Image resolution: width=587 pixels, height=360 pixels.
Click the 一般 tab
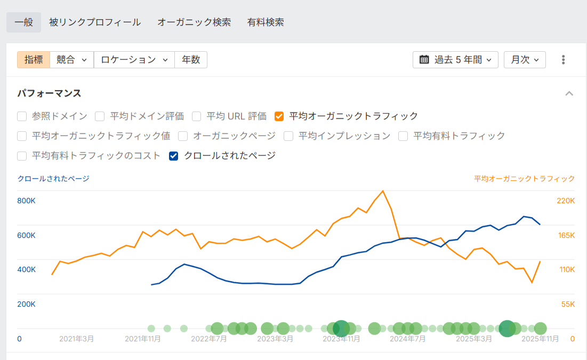[23, 22]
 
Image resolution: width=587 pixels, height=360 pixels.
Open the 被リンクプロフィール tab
[95, 22]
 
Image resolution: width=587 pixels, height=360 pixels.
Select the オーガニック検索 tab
[194, 22]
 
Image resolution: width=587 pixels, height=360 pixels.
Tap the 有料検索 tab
[266, 22]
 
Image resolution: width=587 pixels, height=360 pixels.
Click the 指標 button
[34, 60]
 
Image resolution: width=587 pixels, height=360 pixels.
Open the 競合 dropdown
[71, 60]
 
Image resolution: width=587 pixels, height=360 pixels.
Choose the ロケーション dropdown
[134, 60]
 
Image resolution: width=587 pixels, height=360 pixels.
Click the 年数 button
[191, 60]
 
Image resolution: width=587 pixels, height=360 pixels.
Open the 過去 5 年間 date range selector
[455, 60]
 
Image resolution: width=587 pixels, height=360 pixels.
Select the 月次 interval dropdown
[525, 60]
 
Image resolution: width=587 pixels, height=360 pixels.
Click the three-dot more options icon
[563, 60]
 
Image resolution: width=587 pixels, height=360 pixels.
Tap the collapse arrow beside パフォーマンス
[569, 94]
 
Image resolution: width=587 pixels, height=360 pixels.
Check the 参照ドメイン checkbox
[22, 116]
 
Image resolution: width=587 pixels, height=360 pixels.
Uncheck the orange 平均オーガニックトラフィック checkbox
[279, 116]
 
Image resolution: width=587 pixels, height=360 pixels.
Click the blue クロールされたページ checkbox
[173, 156]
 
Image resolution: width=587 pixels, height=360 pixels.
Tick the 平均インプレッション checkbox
[288, 136]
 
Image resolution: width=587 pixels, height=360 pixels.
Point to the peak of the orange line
[383, 191]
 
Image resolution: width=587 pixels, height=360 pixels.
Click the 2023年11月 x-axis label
[342, 339]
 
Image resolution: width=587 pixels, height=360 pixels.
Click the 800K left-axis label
[27, 201]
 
